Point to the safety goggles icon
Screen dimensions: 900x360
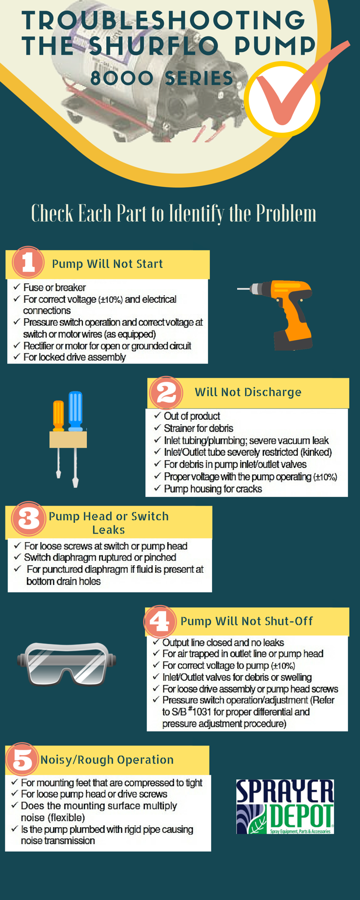[67, 663]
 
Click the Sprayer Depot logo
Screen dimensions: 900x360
[285, 806]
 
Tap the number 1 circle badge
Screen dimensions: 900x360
[28, 262]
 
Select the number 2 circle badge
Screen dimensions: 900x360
[166, 392]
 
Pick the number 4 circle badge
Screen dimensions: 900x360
[159, 621]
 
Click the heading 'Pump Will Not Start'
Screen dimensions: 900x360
[107, 264]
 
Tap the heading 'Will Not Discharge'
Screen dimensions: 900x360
[248, 392]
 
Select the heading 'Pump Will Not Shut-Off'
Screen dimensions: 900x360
[247, 621]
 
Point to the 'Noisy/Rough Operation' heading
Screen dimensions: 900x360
[107, 760]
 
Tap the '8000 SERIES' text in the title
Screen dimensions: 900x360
[162, 78]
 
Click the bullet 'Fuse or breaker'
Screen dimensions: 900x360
[54, 287]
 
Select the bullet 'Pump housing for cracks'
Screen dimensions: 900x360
[213, 489]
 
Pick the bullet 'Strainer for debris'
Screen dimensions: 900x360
[198, 428]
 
